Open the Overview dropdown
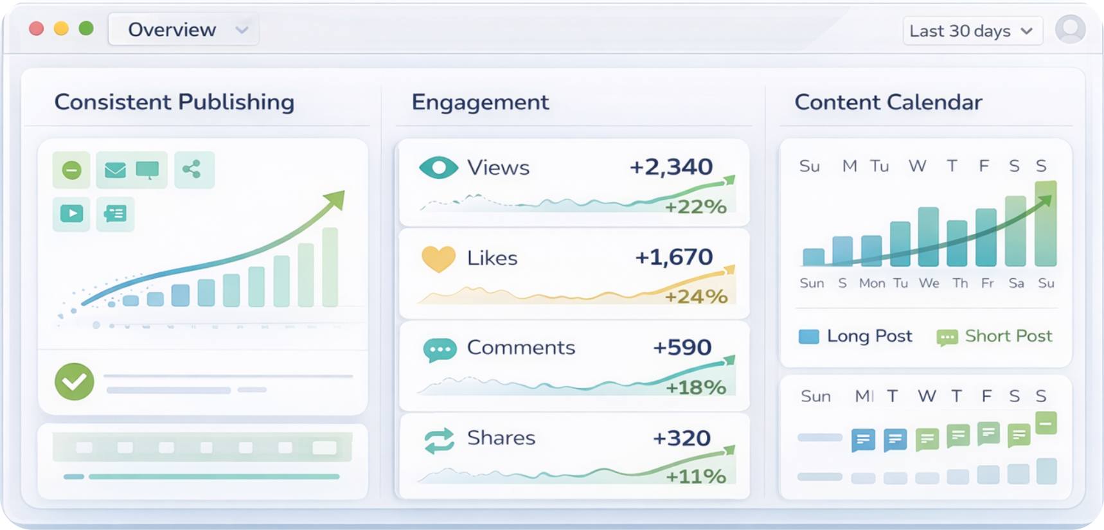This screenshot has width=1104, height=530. [184, 30]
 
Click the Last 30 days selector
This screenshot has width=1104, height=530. [971, 31]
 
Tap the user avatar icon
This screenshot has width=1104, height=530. [1070, 29]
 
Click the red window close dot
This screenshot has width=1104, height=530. [37, 29]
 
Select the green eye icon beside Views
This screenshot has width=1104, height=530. [438, 168]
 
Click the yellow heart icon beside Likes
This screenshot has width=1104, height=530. [438, 258]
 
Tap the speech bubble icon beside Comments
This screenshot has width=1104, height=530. [440, 349]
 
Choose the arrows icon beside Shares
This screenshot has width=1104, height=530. [440, 441]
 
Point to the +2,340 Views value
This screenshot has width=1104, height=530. [671, 167]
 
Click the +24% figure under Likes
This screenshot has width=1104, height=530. [696, 296]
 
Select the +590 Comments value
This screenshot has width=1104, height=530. [682, 348]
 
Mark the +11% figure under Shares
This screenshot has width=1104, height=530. [696, 476]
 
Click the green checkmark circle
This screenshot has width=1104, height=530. [75, 382]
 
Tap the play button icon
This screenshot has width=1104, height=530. [71, 213]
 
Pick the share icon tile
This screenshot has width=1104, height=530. [192, 170]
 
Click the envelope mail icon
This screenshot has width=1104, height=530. [115, 170]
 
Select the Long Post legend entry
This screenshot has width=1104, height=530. [855, 336]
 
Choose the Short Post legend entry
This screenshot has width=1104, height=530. [995, 336]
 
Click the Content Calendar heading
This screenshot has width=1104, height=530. [888, 102]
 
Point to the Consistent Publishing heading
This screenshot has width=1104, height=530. [174, 102]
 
